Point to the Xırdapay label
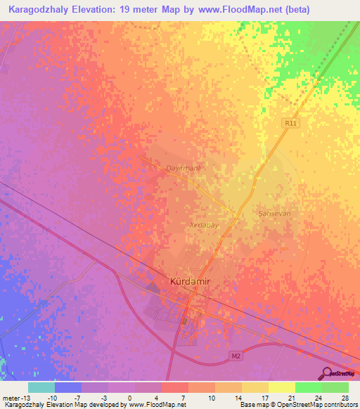click(205, 225)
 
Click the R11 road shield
click(291, 122)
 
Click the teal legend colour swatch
click(41, 387)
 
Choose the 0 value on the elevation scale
click(130, 396)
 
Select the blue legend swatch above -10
click(67, 387)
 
